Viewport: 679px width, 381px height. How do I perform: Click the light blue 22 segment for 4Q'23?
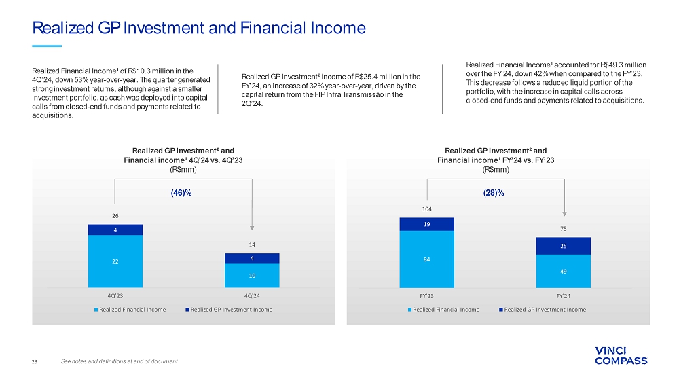[x=115, y=261]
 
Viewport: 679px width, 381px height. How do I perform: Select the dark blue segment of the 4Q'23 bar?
[x=115, y=230]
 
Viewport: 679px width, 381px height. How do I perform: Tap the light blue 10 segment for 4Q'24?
[x=252, y=275]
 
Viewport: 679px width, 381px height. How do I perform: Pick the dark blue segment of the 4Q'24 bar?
[x=252, y=259]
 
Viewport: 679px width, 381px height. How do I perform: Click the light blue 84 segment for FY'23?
[x=427, y=259]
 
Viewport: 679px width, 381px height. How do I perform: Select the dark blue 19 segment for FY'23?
[x=427, y=224]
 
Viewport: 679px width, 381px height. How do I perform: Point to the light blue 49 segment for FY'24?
[x=564, y=271]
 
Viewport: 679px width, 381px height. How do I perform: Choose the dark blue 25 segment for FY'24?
[x=564, y=246]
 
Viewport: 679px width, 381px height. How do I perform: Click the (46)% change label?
[x=181, y=193]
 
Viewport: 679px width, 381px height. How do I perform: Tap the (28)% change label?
[x=494, y=193]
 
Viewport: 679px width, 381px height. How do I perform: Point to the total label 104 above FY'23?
[x=427, y=209]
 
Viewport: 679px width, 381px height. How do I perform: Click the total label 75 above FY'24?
[x=564, y=229]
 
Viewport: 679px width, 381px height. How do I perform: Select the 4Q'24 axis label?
[x=252, y=296]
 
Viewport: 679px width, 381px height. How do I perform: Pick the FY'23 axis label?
[x=427, y=296]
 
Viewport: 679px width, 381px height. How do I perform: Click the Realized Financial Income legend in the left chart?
[x=130, y=310]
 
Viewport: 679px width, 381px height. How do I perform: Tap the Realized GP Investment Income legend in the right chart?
[x=543, y=310]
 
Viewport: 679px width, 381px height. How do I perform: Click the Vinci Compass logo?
[x=621, y=356]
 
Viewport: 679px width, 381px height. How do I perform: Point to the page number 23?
[x=35, y=361]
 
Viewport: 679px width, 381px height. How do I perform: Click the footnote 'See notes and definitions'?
[x=119, y=361]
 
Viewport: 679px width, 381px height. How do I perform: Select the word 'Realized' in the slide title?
[x=63, y=28]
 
